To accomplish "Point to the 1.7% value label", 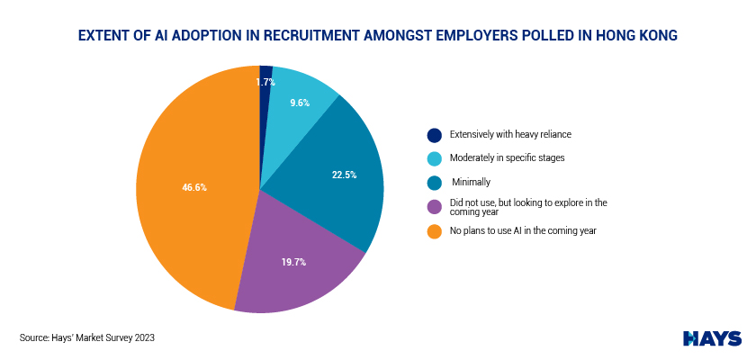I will coord(265,82).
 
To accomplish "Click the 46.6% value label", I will coord(194,188).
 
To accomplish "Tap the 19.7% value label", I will coord(293,263).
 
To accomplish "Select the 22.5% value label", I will coord(333,175).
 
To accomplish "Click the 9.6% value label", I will coord(300,103).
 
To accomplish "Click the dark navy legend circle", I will coord(435,135).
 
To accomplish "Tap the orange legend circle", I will coord(435,231).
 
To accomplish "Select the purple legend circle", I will coord(435,207).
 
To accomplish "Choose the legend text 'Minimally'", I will coord(471,183).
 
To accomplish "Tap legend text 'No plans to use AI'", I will coord(512,231).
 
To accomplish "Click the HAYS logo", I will coord(712,337).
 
